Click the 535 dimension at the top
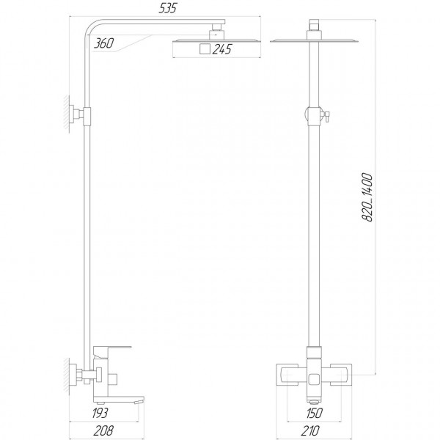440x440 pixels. pos(179,10)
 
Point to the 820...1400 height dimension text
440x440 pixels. pos(367,199)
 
